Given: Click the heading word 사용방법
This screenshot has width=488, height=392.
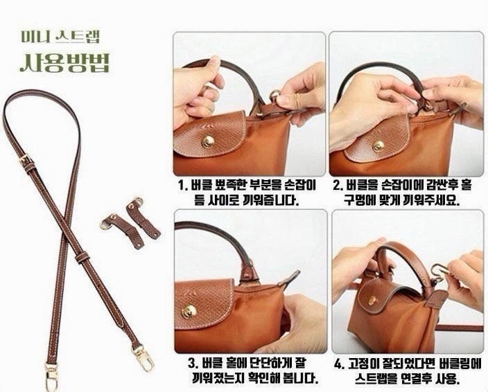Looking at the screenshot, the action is (x=65, y=62).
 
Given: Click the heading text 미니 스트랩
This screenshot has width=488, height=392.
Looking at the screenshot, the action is (x=60, y=37).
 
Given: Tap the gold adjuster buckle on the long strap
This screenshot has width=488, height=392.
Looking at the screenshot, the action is (x=26, y=160).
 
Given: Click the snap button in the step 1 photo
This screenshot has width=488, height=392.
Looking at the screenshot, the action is (x=207, y=142).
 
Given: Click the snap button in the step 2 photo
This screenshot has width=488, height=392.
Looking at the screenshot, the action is (x=378, y=145).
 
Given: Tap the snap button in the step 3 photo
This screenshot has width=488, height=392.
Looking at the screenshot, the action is (x=189, y=312).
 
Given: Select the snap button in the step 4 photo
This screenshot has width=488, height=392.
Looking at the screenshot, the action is (x=372, y=301).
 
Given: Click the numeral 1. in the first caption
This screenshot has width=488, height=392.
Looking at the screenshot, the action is (x=183, y=186).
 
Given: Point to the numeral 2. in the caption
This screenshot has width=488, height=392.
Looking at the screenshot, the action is (x=338, y=186).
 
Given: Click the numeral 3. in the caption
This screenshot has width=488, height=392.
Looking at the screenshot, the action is (x=193, y=363).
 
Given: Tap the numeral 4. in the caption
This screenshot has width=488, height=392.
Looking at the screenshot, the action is (x=340, y=364).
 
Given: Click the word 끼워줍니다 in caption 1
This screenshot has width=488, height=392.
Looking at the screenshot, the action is (x=270, y=200).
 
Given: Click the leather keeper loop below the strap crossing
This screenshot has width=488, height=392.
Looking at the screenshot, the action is (x=82, y=257).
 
